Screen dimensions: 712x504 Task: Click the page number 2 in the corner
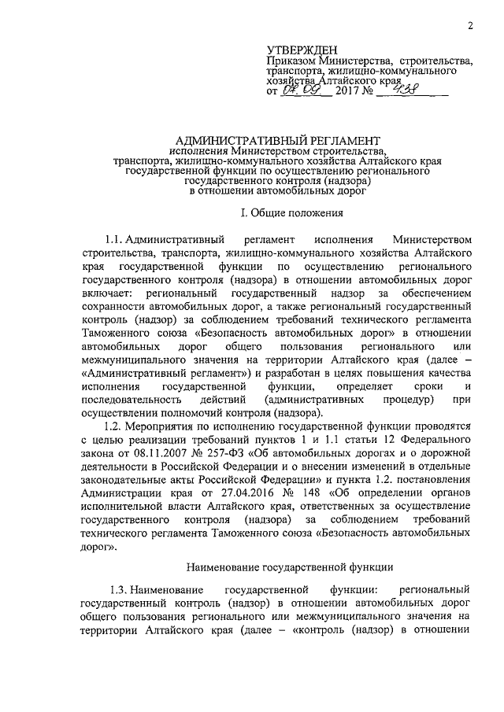469,24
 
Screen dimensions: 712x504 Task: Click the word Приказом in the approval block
291,61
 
